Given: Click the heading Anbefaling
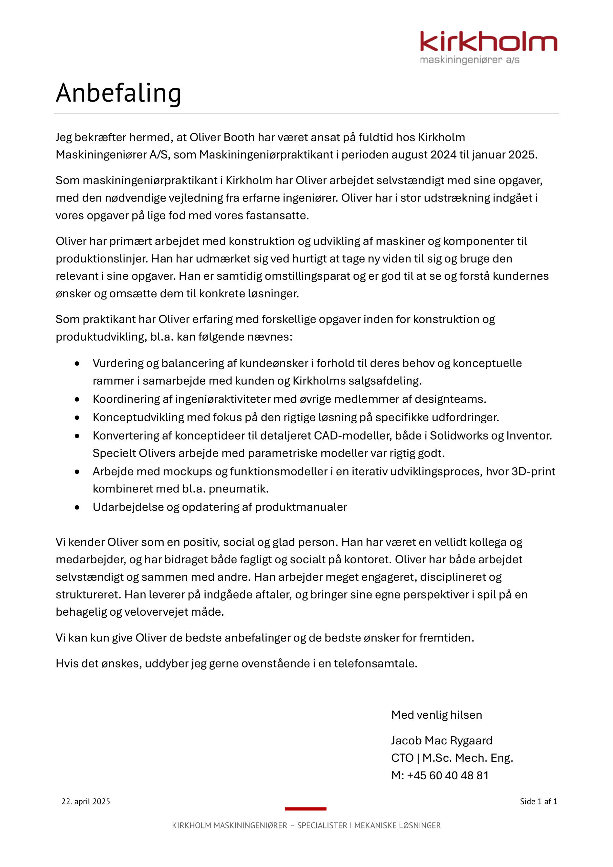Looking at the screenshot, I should click(118, 93).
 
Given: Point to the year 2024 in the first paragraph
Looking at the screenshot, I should click(443, 155).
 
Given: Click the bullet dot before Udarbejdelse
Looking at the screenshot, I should click(78, 508).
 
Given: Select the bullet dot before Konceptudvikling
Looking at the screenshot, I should click(78, 418).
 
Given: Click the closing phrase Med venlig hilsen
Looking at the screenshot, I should click(436, 715).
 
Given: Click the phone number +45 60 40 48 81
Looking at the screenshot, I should click(448, 776).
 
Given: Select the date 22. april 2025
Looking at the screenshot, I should click(86, 802).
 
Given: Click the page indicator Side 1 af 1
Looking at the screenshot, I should click(538, 802).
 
